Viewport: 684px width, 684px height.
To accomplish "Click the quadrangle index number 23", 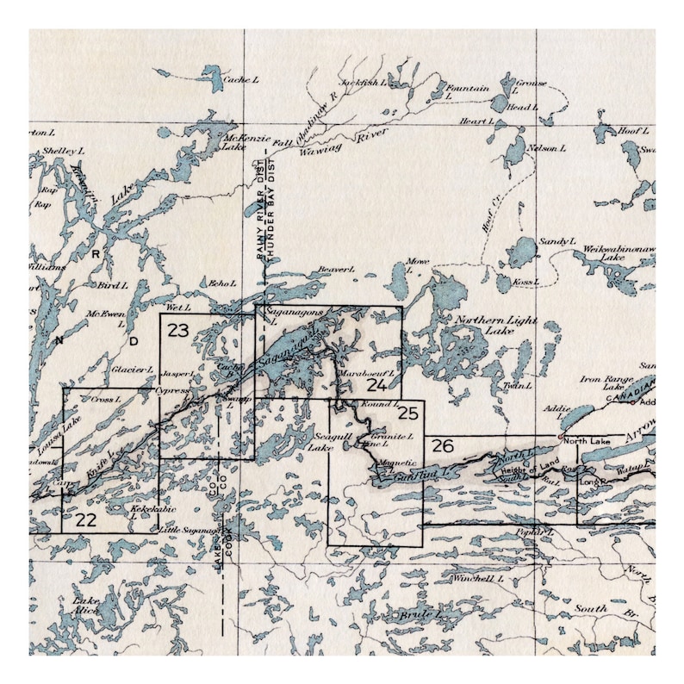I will coord(178,329).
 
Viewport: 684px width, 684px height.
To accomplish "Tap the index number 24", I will coord(377,384).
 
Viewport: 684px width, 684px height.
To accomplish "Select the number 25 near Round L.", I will coord(408,414).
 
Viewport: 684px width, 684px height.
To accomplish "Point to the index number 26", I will coord(442,446).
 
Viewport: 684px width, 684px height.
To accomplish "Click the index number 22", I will coord(84,519).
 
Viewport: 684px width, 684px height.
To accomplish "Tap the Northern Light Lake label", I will coord(494,326).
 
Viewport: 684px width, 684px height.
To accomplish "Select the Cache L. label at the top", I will coord(240,79).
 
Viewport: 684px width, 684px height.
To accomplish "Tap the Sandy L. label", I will coord(557,243).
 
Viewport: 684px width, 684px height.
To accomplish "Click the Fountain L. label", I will coord(468,92).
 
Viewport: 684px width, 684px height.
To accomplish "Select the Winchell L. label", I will coord(476,578).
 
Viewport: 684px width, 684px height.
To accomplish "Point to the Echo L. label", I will coord(222,282).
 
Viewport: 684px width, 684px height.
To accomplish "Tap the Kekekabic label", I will coord(146,509).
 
